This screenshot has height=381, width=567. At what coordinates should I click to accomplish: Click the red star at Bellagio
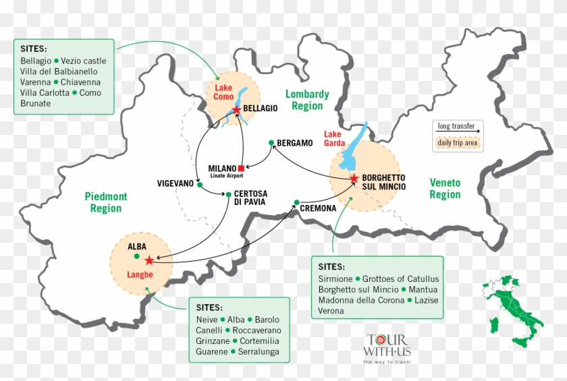[x=236, y=109]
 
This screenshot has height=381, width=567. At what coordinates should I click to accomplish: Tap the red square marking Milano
[x=241, y=168]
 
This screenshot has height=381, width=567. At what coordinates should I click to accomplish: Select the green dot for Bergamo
[x=271, y=142]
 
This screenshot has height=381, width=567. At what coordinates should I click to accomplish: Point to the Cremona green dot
[x=297, y=201]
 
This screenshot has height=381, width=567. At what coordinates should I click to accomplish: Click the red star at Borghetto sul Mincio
[x=354, y=177]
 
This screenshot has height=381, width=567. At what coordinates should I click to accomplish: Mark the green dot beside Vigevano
[x=199, y=183]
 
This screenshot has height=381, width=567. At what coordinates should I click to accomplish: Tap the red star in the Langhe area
[x=149, y=260]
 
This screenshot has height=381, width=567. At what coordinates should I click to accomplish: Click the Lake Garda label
[x=335, y=138]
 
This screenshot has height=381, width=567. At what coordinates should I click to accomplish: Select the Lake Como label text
[x=223, y=93]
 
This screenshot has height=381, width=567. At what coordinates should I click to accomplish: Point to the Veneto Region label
[x=445, y=189]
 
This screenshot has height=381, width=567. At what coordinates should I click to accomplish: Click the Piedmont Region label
[x=106, y=202]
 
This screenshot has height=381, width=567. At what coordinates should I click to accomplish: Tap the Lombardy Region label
[x=307, y=100]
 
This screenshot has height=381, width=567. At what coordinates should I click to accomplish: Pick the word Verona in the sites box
[x=331, y=311]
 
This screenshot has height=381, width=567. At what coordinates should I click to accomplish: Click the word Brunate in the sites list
[x=36, y=104]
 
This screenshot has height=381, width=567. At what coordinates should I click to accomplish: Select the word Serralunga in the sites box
[x=258, y=351]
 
